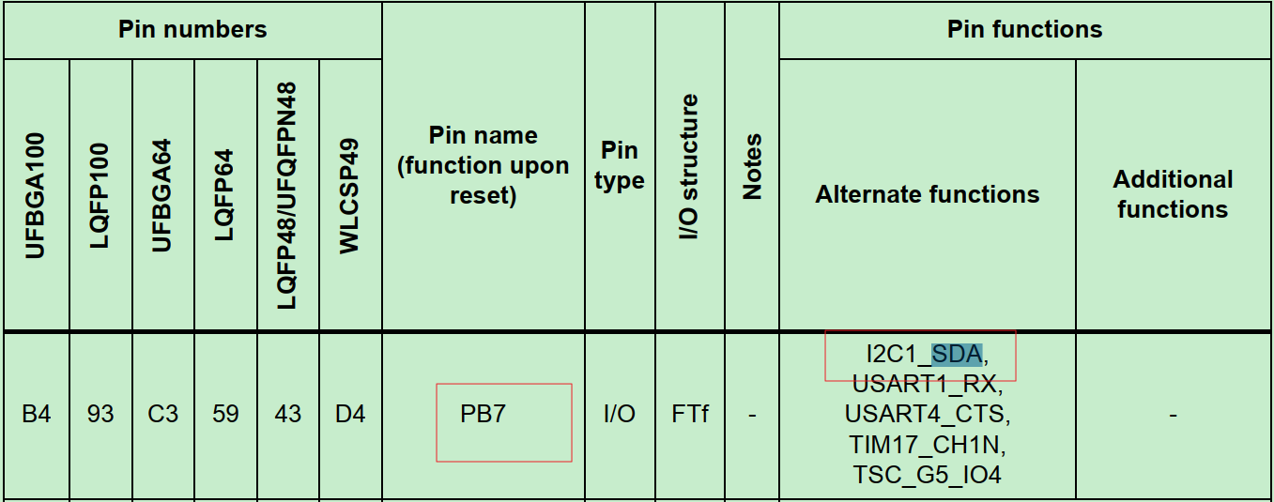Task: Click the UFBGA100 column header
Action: [x=36, y=195]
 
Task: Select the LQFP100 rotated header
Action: [x=100, y=195]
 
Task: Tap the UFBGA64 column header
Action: [x=162, y=195]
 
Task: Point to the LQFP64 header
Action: [x=225, y=195]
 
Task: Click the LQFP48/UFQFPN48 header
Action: [x=287, y=195]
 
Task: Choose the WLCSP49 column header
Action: [x=350, y=195]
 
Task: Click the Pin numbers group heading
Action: [x=192, y=30]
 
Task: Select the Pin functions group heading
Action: [x=1024, y=30]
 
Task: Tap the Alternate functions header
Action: [x=927, y=195]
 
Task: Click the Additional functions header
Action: [x=1173, y=194]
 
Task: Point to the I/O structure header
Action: [x=690, y=167]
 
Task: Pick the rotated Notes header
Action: [x=752, y=166]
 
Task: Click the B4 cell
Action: [x=36, y=414]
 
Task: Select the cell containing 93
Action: [x=100, y=414]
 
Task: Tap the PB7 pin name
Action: [x=483, y=414]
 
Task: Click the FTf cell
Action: [x=690, y=414]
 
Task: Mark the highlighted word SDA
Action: [x=957, y=355]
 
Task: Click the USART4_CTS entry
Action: [x=927, y=414]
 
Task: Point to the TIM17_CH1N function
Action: [x=927, y=444]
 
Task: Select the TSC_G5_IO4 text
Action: [x=927, y=475]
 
